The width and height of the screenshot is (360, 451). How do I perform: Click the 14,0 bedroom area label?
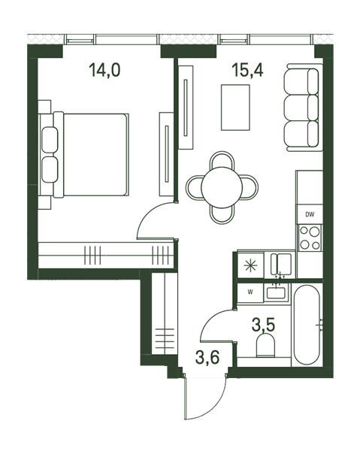coord(104,70)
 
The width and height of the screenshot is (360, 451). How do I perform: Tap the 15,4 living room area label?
coord(247,70)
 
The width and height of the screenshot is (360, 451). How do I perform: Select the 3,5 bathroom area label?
coord(263,325)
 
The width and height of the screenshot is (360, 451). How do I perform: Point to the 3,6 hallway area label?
coord(207,357)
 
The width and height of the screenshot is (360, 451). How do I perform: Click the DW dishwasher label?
coord(310,214)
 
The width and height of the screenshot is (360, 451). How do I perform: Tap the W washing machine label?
coord(250,292)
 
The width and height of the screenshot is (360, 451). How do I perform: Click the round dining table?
coord(222,187)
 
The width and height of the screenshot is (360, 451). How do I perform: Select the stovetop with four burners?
coord(310,238)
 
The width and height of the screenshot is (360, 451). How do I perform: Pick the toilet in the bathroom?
coord(265,346)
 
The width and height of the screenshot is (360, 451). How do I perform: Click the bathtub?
coord(307,325)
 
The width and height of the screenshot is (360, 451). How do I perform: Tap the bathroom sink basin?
coord(276,292)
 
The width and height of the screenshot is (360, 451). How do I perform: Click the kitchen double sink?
coord(281,264)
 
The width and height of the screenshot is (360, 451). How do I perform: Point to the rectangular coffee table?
coord(235,107)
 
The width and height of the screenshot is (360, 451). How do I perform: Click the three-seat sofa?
coord(303,107)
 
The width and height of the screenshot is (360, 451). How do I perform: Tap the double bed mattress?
coord(95,155)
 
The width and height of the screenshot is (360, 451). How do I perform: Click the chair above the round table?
coord(222,159)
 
